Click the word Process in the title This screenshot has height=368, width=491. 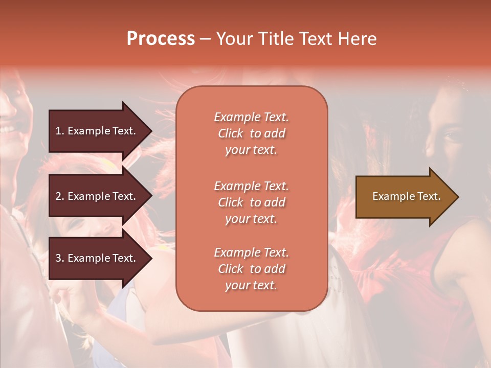coord(161,39)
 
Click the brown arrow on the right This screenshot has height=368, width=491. coord(404,197)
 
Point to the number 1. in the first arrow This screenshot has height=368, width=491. coord(60,131)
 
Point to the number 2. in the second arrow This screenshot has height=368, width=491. coord(60,196)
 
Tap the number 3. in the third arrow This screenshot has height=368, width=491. coord(60,258)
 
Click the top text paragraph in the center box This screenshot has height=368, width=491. coord(251,133)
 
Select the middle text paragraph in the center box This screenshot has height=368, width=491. coord(251,202)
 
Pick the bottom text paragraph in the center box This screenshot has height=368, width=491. coord(251,269)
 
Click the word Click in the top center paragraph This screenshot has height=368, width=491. coord(231,133)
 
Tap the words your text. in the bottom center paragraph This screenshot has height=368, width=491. coord(251,285)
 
